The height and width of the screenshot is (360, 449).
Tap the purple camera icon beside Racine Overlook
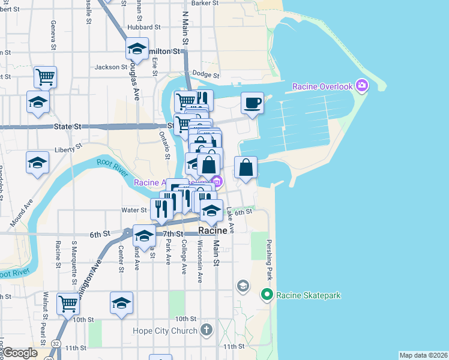[x=362, y=86]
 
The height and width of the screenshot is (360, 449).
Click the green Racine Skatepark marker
[x=267, y=295]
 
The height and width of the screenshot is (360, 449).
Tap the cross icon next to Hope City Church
[x=206, y=330]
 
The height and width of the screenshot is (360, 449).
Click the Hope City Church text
[x=165, y=331]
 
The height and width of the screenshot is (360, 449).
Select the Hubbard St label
[x=143, y=27]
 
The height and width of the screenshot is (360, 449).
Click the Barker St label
[x=205, y=3]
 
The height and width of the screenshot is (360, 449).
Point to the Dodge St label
[x=206, y=75]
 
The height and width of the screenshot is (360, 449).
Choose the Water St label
[x=134, y=210]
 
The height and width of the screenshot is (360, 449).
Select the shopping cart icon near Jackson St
[x=46, y=77]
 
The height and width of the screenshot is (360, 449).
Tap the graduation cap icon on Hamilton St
[x=137, y=49]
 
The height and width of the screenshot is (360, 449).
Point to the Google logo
[x=20, y=353]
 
